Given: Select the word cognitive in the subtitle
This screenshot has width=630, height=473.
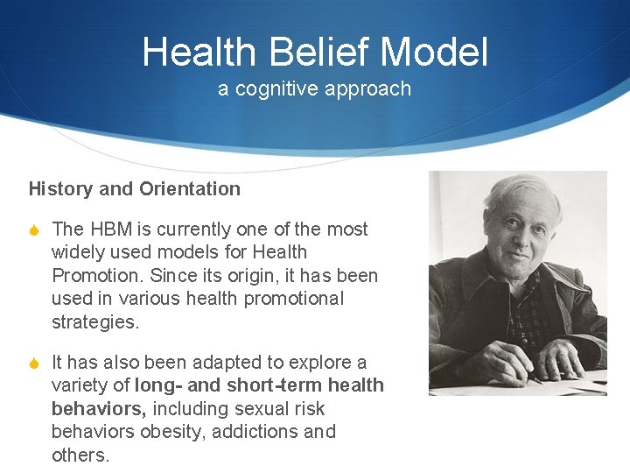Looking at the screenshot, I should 275,88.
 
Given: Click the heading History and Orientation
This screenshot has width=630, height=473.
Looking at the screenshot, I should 134,188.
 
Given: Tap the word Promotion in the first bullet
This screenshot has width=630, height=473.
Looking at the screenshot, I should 96,276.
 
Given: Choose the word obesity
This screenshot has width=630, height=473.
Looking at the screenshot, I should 164,432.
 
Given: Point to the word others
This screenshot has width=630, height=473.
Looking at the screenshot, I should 80,455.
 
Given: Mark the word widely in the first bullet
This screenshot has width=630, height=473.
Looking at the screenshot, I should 79,252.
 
